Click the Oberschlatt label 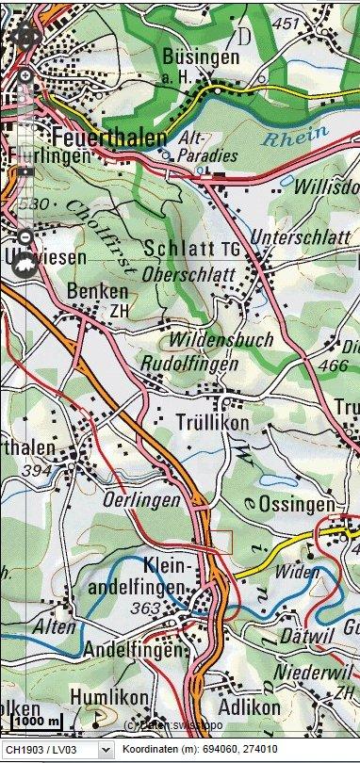click(193, 273)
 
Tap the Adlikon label click(249, 706)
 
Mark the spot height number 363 click(147, 609)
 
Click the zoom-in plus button click(25, 75)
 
